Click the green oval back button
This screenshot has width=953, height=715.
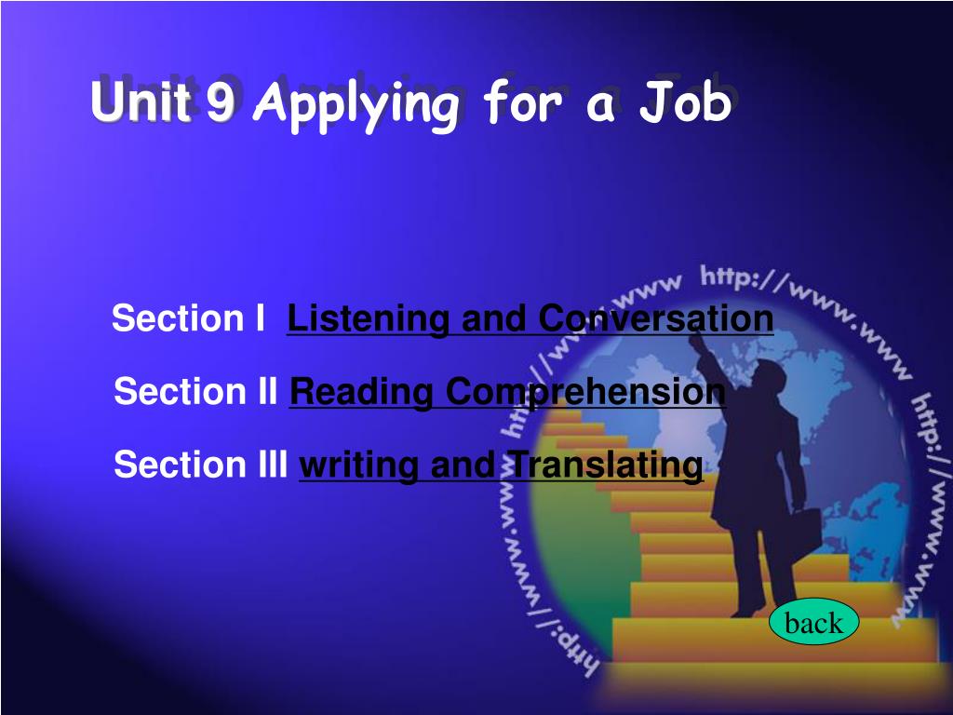[x=813, y=621]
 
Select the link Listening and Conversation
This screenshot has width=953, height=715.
[x=530, y=318]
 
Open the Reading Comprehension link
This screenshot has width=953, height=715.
[x=507, y=392]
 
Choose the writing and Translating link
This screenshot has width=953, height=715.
[x=502, y=465]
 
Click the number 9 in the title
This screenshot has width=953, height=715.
[x=220, y=101]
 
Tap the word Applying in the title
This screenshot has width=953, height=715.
[x=357, y=104]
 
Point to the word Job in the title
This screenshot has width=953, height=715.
[x=685, y=101]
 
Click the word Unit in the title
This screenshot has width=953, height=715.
[x=141, y=100]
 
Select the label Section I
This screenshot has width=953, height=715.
[x=188, y=318]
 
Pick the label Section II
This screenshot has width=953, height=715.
[x=195, y=391]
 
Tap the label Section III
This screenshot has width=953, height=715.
[x=201, y=465]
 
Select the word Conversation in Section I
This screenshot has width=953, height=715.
[x=656, y=318]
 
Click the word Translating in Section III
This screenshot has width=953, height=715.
[x=605, y=465]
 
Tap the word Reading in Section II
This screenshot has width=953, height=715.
[x=362, y=392]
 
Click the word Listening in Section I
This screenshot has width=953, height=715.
[x=368, y=318]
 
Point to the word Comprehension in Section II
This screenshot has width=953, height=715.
[x=586, y=392]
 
